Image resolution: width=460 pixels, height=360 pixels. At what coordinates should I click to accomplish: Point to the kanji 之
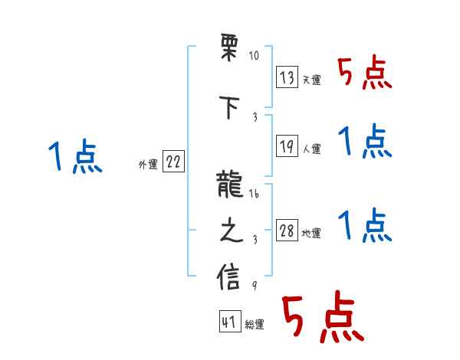(230, 232)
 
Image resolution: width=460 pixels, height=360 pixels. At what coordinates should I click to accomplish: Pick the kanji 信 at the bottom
(230, 277)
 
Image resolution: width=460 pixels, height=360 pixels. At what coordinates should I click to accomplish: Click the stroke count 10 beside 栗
(254, 56)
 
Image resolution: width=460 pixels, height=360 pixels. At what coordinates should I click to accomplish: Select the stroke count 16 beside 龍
(254, 195)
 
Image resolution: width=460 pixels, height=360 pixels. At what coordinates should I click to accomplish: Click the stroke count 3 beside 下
(254, 117)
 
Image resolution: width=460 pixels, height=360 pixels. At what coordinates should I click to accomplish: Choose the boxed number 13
(287, 77)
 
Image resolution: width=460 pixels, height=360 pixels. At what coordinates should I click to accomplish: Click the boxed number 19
(287, 145)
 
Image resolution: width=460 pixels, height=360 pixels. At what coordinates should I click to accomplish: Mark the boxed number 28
(287, 231)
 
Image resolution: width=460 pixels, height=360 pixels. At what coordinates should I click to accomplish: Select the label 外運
(148, 164)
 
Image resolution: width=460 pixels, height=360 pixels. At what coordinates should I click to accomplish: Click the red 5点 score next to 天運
(364, 73)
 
